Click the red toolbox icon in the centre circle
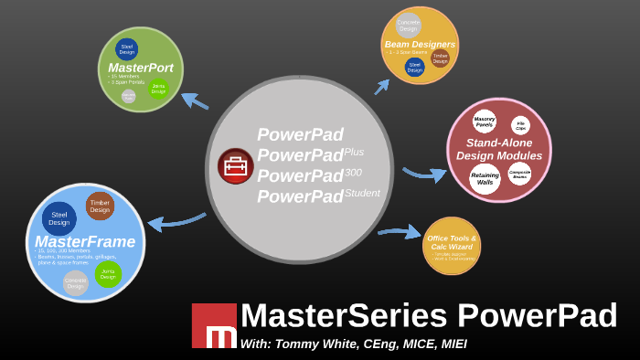[x=236, y=166]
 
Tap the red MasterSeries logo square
[x=214, y=325]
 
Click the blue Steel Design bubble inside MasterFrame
[x=59, y=217]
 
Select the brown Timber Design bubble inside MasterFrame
[x=100, y=206]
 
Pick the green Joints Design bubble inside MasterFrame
[x=108, y=273]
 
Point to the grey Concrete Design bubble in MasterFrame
[x=76, y=282]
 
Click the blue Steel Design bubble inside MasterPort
[x=126, y=49]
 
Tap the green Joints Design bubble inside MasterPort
[x=158, y=89]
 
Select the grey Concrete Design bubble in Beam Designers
[x=408, y=26]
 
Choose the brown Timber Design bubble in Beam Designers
[x=441, y=58]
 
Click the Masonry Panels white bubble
[x=485, y=122]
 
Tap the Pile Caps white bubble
[x=520, y=125]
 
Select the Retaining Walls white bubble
[x=485, y=178]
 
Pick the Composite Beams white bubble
[x=519, y=174]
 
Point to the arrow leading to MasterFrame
[x=176, y=221]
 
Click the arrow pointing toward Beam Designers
[x=381, y=87]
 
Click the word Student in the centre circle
[x=362, y=193]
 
